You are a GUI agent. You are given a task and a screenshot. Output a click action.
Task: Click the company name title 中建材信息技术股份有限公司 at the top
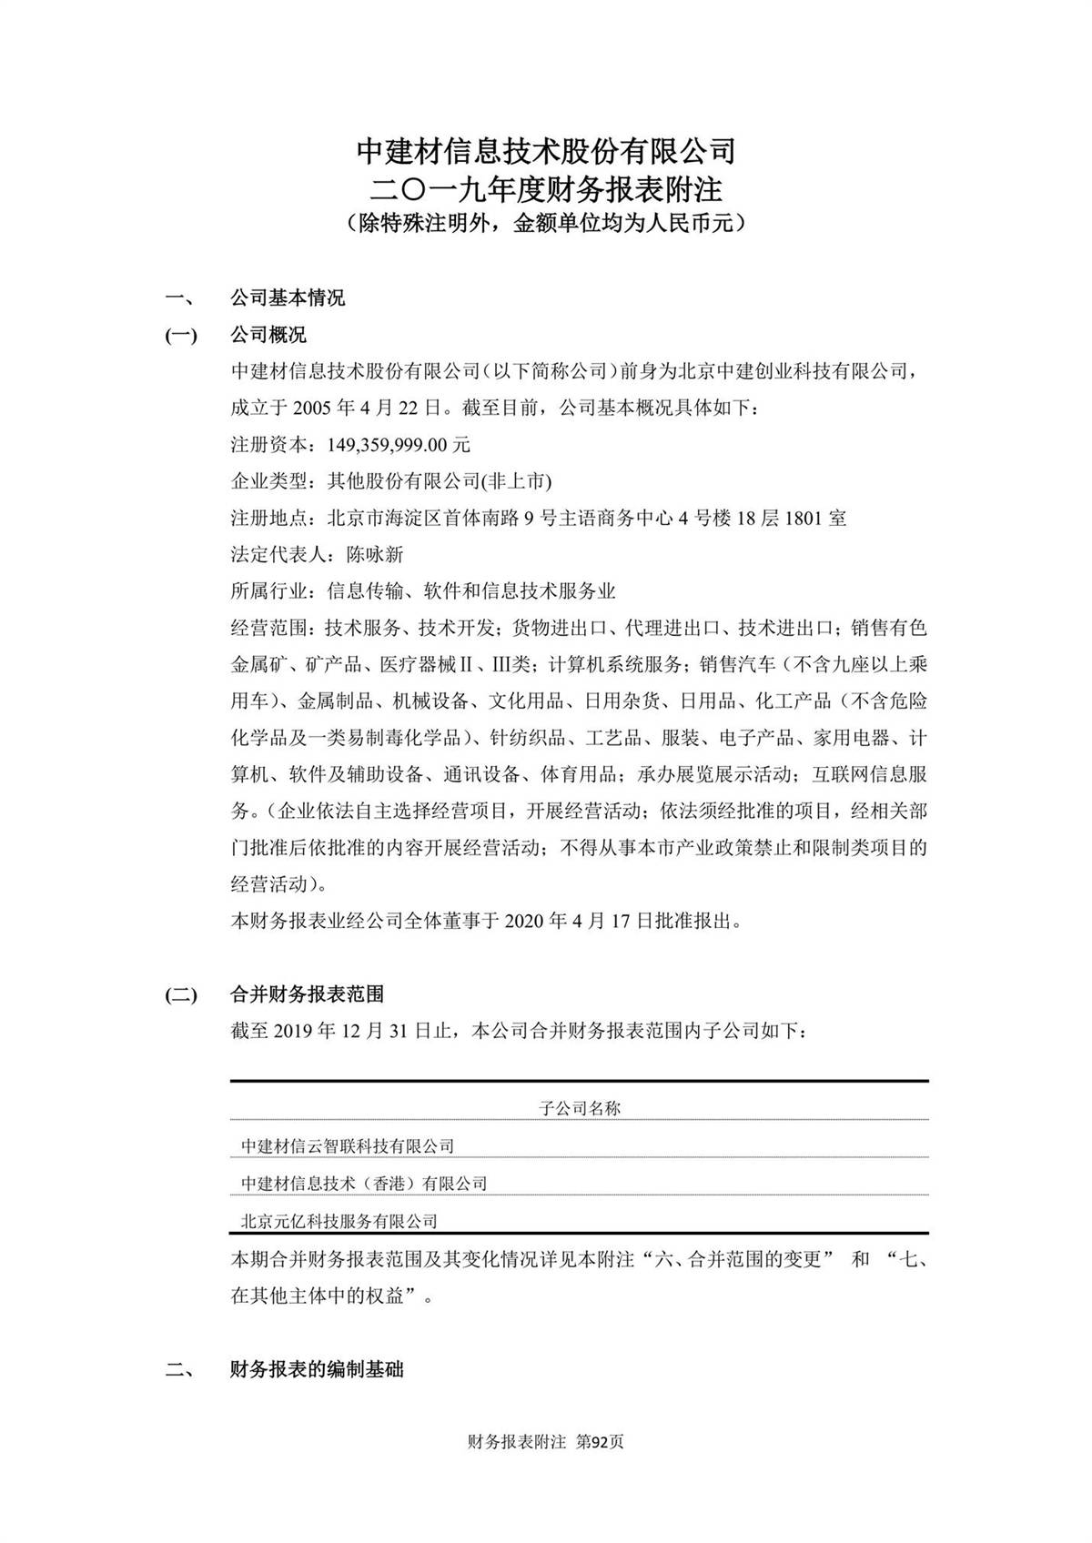(x=545, y=150)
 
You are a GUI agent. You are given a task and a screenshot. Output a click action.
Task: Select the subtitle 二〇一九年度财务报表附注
(x=545, y=189)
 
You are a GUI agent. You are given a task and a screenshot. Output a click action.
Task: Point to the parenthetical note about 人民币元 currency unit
(x=545, y=223)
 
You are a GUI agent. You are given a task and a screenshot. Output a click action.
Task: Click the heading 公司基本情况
(x=288, y=298)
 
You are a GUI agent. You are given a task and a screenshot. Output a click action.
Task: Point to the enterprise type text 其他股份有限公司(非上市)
(x=440, y=481)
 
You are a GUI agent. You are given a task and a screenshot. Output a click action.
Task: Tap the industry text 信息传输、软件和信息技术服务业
(x=471, y=591)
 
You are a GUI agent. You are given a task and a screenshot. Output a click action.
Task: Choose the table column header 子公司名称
(x=580, y=1108)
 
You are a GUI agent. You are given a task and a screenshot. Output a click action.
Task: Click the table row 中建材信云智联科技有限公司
(x=348, y=1146)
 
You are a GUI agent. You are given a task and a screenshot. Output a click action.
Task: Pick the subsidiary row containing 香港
(x=364, y=1184)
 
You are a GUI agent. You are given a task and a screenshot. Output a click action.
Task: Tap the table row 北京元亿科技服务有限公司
(x=339, y=1221)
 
